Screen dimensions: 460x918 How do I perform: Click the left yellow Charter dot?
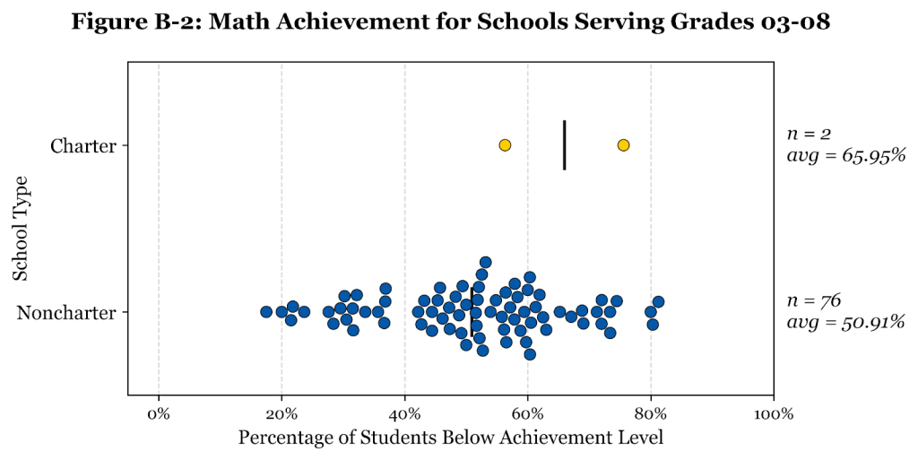pos(505,145)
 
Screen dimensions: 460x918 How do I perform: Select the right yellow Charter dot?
pos(623,145)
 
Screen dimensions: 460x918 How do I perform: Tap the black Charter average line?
pos(564,145)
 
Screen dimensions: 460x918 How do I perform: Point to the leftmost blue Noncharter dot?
pos(266,312)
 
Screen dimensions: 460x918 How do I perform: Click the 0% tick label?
pos(159,414)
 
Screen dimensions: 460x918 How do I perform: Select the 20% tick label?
pos(281,414)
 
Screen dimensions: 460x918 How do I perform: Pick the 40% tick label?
pos(404,414)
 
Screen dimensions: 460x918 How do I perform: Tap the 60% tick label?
pos(527,414)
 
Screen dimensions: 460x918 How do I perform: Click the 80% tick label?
pos(650,414)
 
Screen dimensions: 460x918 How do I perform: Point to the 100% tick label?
pos(773,414)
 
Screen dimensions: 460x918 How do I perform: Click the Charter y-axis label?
pos(83,145)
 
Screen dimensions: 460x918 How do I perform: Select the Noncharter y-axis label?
pos(67,313)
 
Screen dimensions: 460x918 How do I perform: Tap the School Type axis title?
pos(22,228)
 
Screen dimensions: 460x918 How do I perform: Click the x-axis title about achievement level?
pos(451,438)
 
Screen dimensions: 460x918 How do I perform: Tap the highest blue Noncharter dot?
pos(485,263)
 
